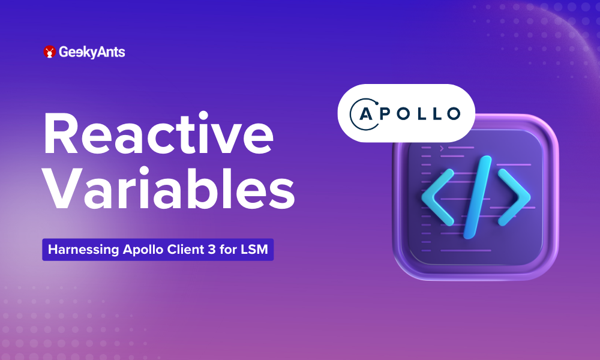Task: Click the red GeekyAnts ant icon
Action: click(x=50, y=52)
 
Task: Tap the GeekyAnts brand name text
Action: click(x=92, y=52)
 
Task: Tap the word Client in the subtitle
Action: click(x=174, y=250)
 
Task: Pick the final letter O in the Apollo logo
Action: click(x=451, y=113)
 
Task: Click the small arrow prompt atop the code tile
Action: click(x=442, y=147)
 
